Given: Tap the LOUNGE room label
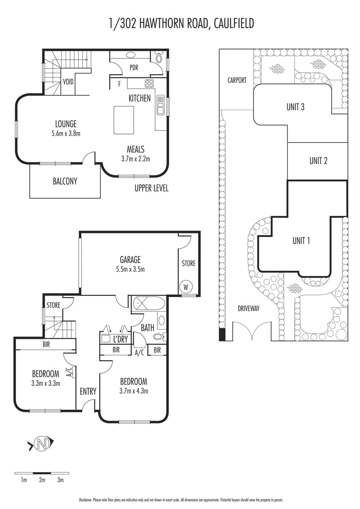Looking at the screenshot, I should (66, 124).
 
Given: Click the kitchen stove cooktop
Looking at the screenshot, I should (149, 83).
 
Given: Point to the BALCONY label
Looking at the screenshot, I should (65, 182).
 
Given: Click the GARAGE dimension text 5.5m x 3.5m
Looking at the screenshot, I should (130, 269).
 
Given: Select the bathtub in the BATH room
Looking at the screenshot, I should (148, 304).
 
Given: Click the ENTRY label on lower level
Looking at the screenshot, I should (88, 391).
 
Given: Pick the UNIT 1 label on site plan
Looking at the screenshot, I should (301, 241).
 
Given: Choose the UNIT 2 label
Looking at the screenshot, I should (319, 161).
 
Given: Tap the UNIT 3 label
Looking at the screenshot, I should (296, 107).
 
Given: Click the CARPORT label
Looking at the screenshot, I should (237, 80).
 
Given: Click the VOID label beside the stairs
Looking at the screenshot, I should (68, 82).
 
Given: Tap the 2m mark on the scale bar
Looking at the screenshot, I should (42, 480).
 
